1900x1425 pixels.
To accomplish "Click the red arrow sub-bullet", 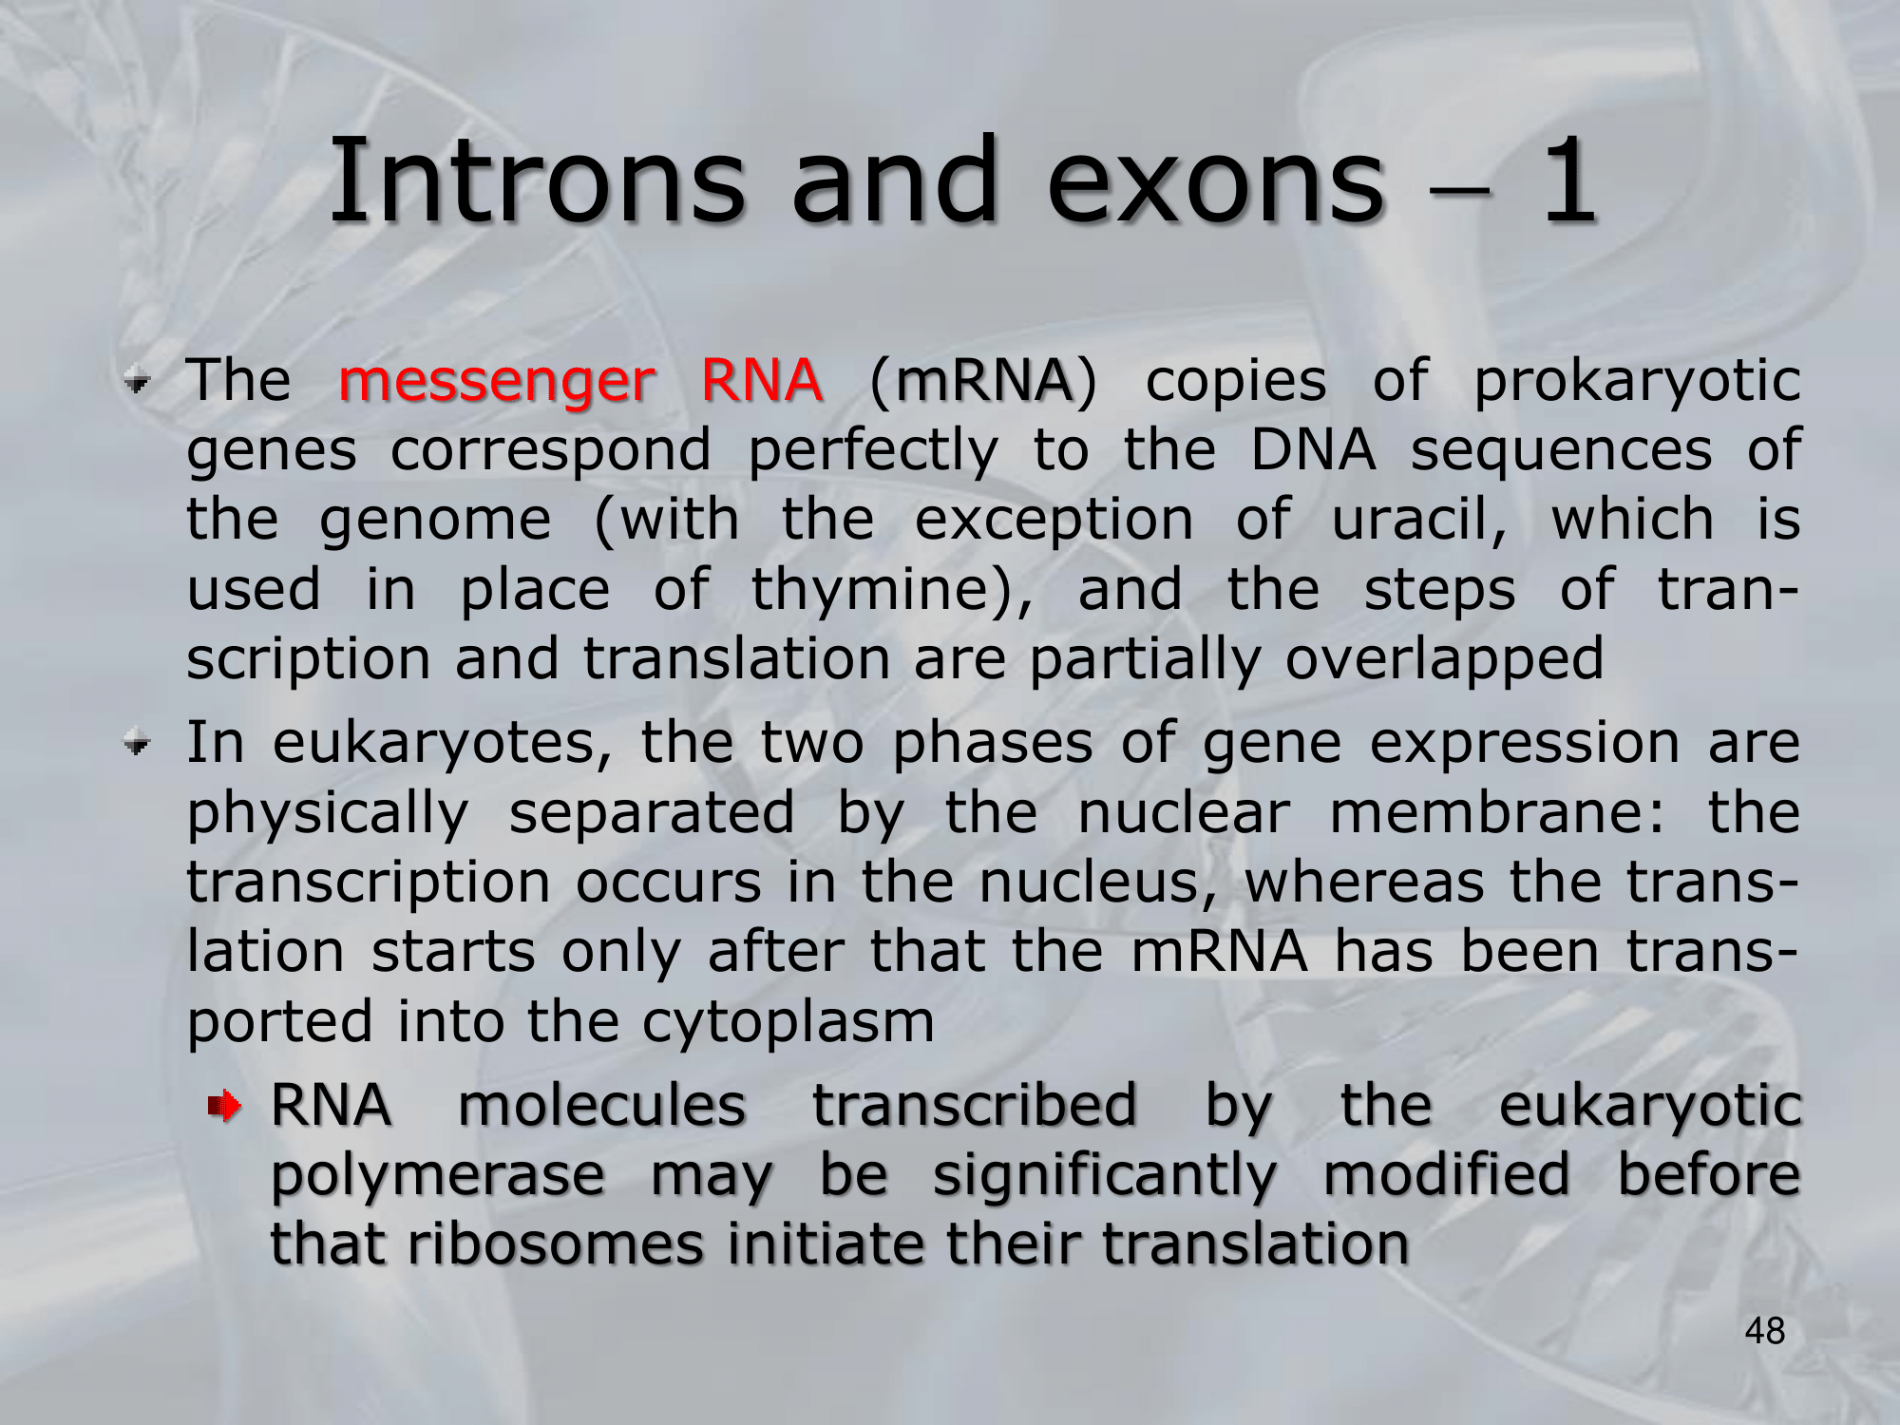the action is point(225,1106).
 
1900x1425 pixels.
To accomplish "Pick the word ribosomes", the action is point(556,1244).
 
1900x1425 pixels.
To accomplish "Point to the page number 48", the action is point(1764,1331).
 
